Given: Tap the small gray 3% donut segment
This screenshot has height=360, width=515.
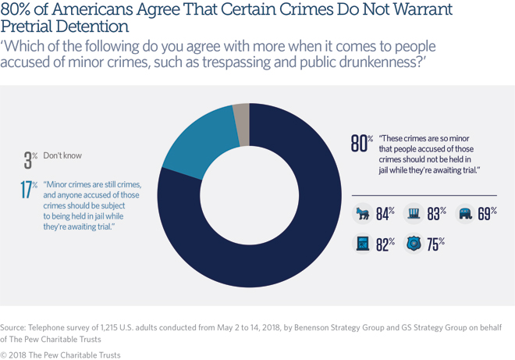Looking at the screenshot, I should [242, 135].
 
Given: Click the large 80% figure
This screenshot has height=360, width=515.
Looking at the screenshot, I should [359, 144].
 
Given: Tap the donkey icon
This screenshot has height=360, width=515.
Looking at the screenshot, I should [362, 213].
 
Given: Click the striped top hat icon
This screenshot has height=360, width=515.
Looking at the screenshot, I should [414, 213].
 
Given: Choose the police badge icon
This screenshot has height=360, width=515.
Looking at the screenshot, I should [414, 244].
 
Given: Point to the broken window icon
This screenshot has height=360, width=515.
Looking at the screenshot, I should [362, 244].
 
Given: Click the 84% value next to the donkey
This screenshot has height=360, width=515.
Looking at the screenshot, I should [385, 213].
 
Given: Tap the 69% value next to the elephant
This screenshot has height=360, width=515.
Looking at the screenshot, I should [487, 213].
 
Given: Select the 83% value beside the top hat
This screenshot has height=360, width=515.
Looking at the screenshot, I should [437, 213].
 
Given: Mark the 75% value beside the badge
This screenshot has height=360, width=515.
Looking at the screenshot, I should [435, 244].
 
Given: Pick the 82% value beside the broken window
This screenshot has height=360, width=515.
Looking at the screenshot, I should [385, 244].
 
